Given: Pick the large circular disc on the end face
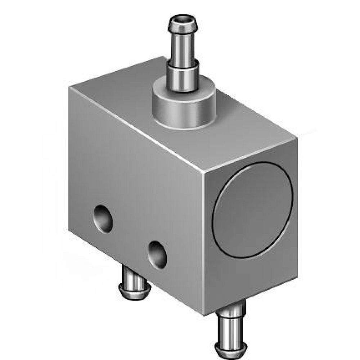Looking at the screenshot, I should [252, 209].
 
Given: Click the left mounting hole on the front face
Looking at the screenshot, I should [103, 218].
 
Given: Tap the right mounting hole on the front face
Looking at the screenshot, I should [158, 254].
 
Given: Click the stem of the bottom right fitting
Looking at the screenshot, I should [231, 324].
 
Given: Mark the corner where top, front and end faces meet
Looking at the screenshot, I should [204, 172].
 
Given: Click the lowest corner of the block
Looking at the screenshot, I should [204, 316].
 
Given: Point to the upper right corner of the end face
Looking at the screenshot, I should [298, 139].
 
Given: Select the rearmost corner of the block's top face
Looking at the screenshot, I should [164, 57].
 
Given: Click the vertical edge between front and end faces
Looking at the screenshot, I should [204, 245].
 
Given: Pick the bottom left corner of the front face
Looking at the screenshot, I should [69, 230].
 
